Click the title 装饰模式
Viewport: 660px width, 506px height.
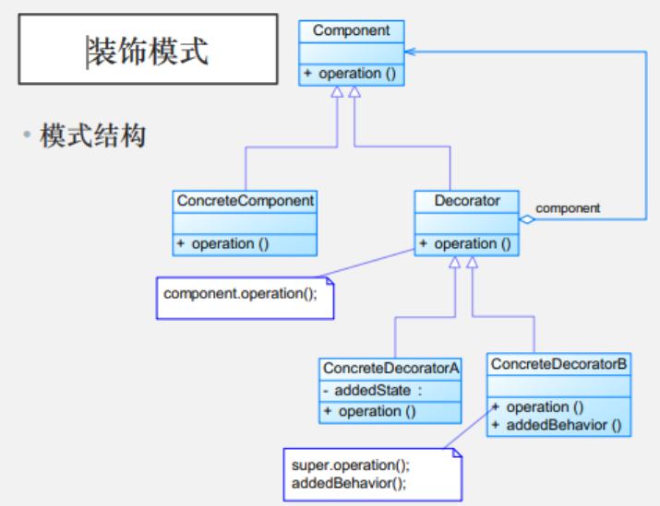tap(148, 51)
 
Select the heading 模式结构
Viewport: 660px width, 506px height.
tap(93, 137)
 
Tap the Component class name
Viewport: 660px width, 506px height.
tap(351, 30)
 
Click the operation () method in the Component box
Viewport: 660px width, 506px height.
tap(353, 73)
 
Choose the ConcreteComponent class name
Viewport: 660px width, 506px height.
tap(246, 200)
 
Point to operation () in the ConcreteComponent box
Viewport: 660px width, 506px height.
tap(225, 243)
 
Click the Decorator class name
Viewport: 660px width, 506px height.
tap(468, 200)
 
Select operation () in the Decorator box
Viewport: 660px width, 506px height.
tap(468, 243)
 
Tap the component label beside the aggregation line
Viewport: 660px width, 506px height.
tap(568, 208)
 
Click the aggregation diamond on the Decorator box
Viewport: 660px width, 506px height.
tap(527, 219)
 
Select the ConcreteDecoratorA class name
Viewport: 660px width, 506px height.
tap(390, 368)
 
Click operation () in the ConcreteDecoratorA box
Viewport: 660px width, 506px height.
tap(373, 411)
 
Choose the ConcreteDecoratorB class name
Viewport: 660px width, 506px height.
tap(559, 364)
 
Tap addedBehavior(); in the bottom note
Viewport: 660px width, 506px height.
tap(349, 482)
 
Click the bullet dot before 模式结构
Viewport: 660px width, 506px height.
tap(28, 137)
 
